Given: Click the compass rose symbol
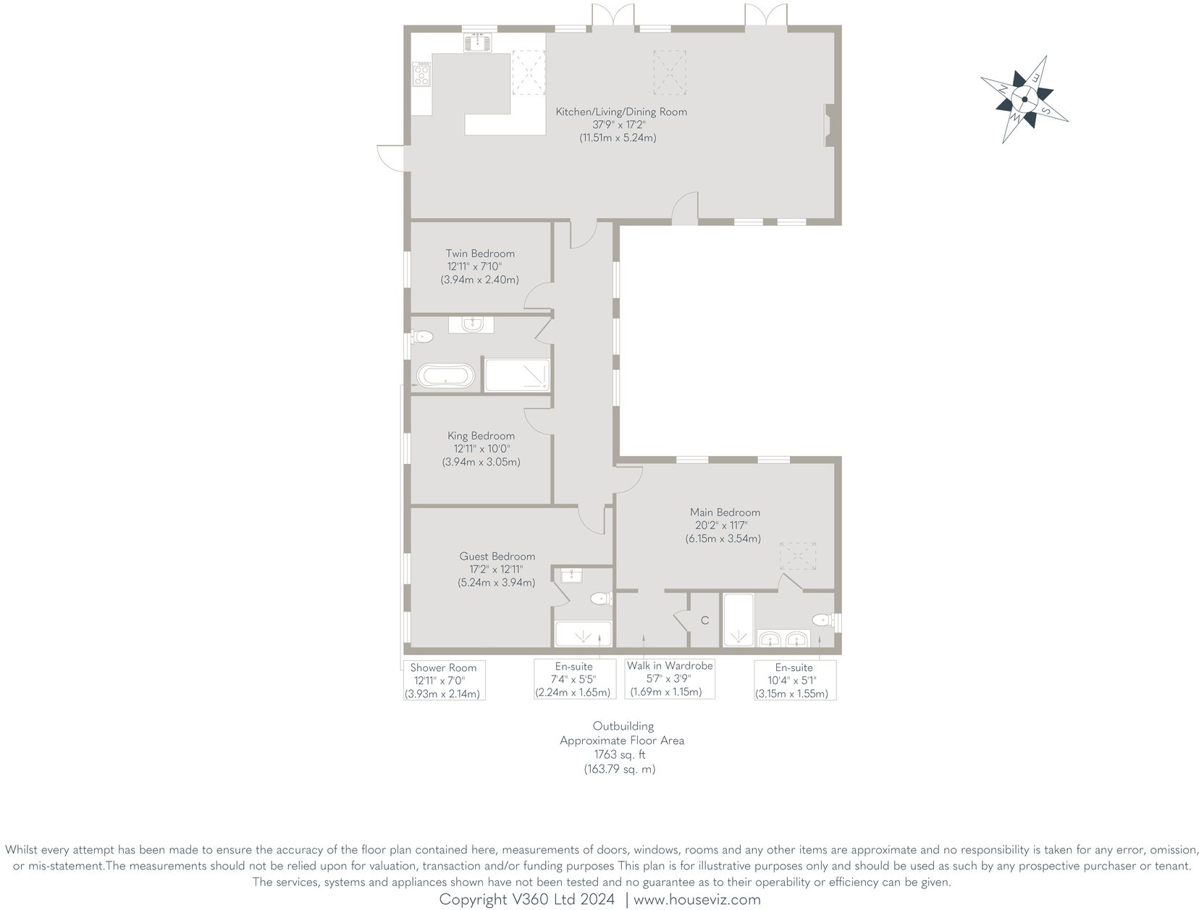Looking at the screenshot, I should pyautogui.click(x=1025, y=99).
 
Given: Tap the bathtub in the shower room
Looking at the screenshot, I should pyautogui.click(x=446, y=376).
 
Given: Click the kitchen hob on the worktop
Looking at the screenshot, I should pyautogui.click(x=421, y=74).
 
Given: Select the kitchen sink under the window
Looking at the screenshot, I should pyautogui.click(x=478, y=43).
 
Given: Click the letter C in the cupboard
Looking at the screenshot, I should pyautogui.click(x=704, y=621).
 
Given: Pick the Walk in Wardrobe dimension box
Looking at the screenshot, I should pyautogui.click(x=670, y=678).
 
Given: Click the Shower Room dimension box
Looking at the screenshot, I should pyautogui.click(x=444, y=681).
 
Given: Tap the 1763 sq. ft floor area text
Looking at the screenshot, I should pyautogui.click(x=620, y=755).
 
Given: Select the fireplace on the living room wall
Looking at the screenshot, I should pyautogui.click(x=828, y=126).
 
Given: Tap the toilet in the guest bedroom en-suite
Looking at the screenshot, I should pyautogui.click(x=599, y=599).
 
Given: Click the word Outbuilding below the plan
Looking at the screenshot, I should pyautogui.click(x=623, y=726).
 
